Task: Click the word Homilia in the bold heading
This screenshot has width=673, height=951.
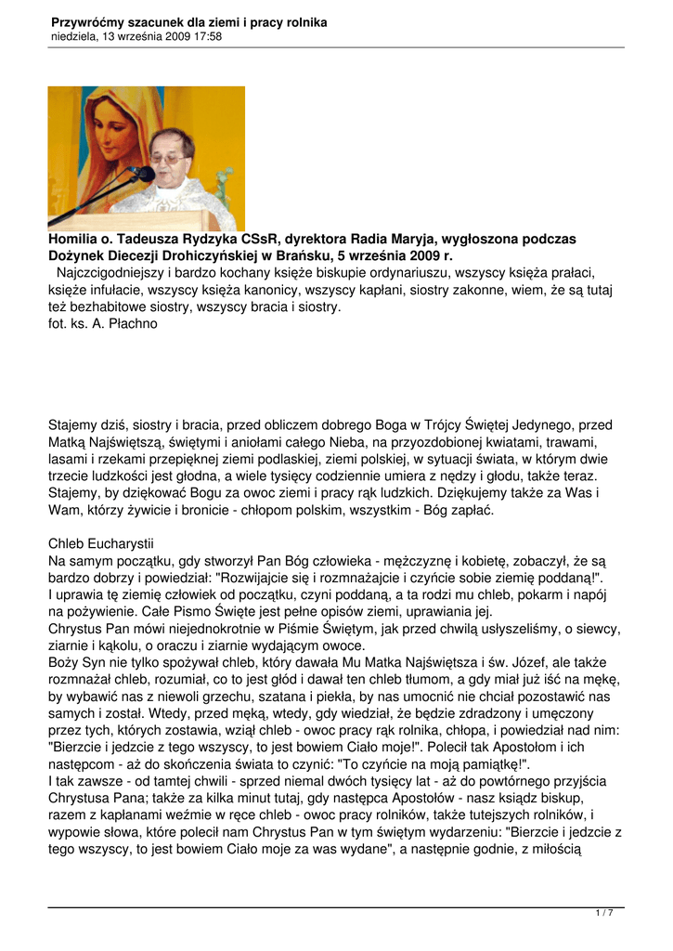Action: coord(76,240)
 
